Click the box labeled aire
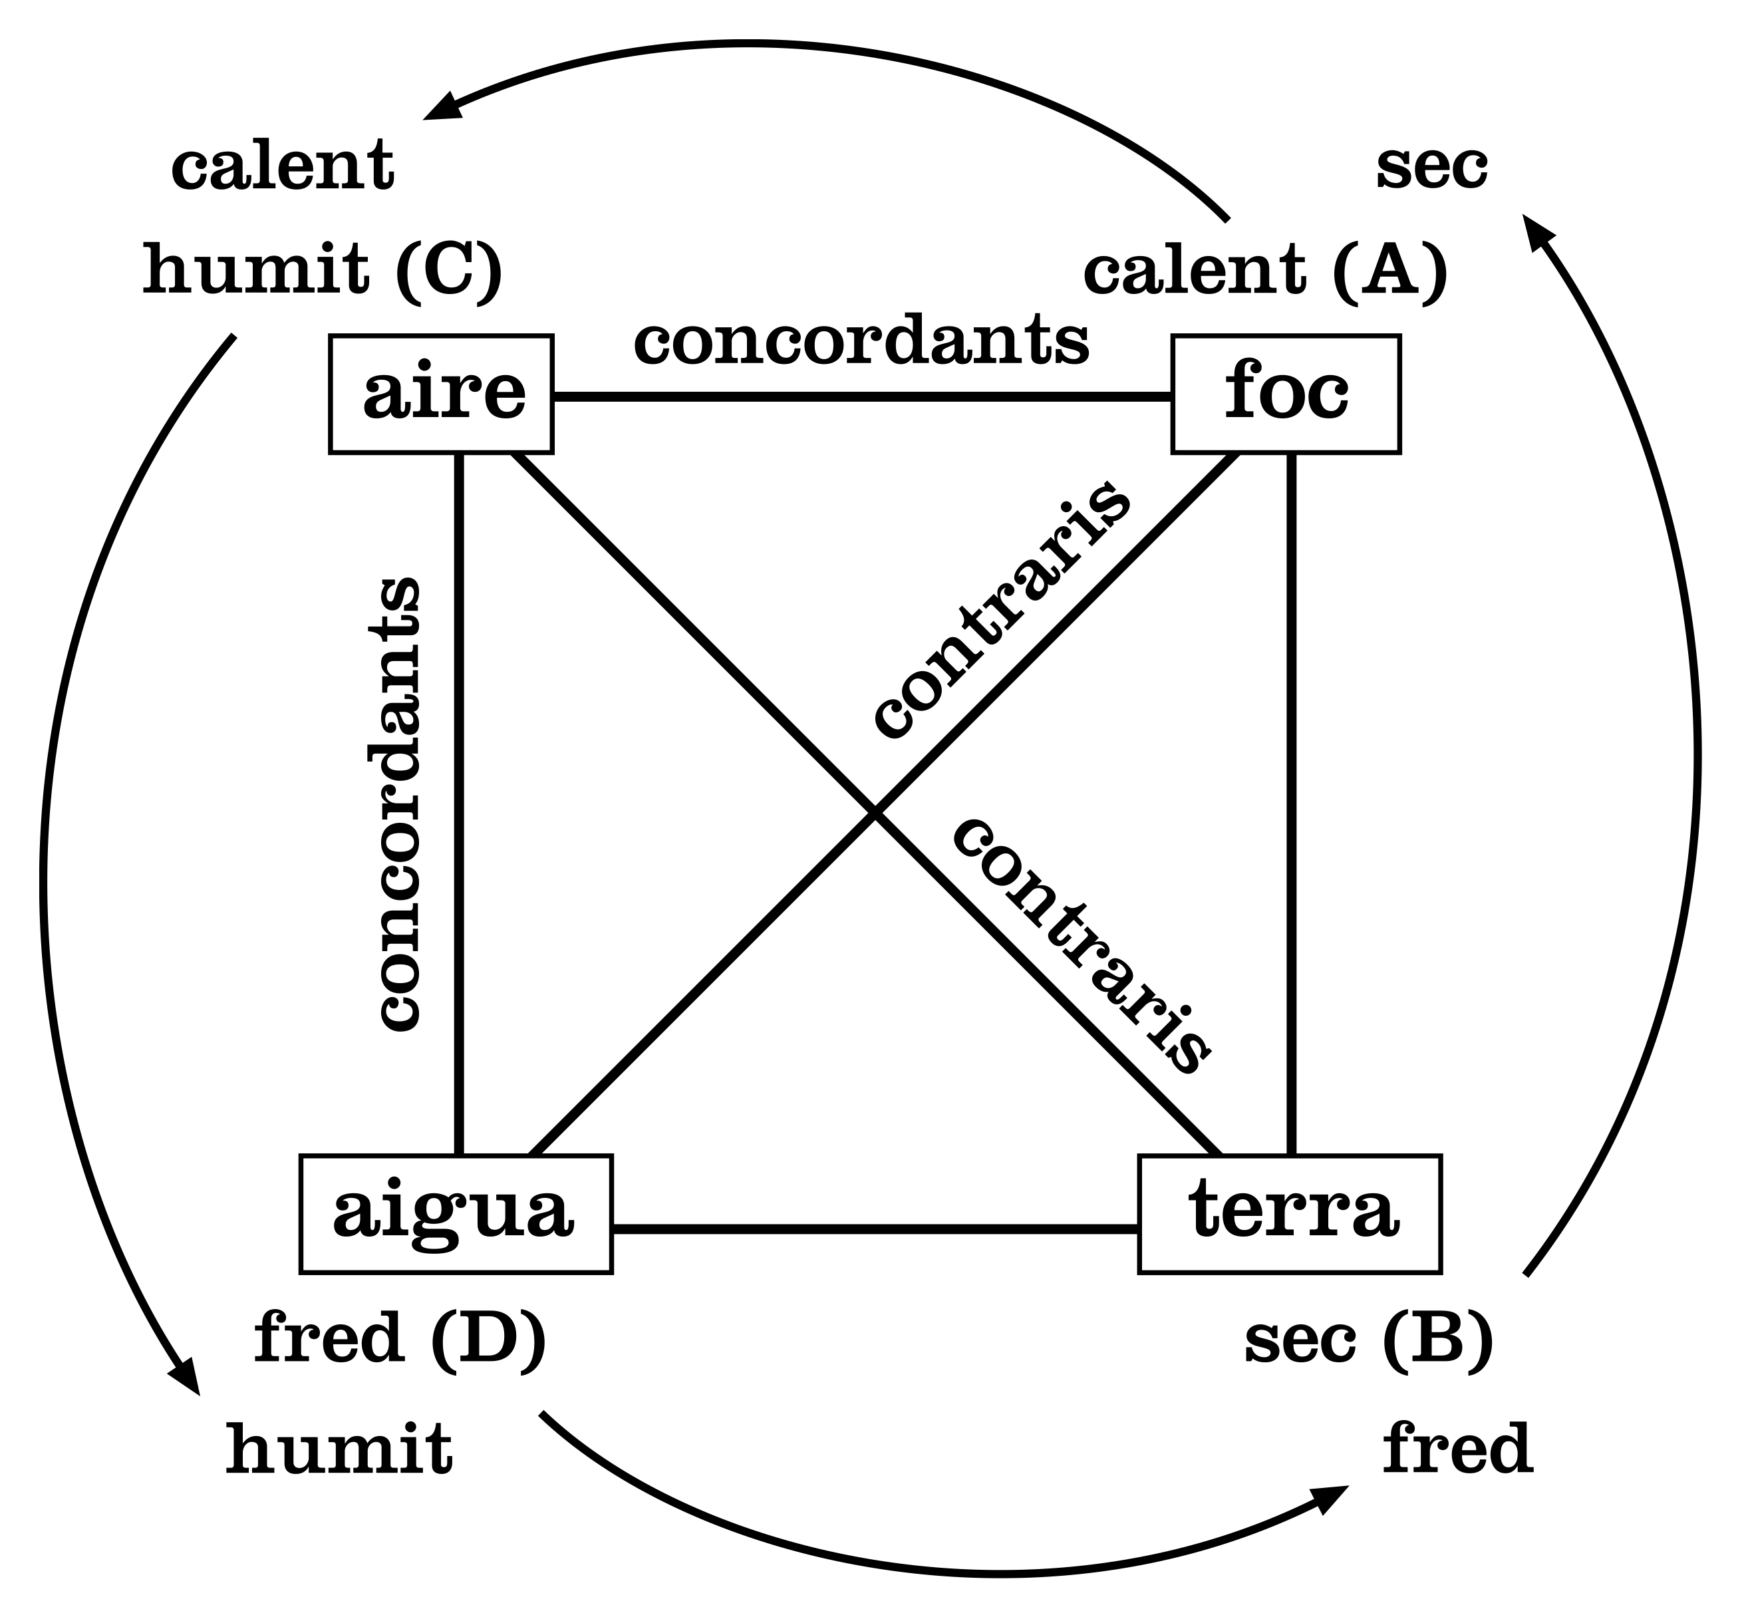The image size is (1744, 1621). pos(441,394)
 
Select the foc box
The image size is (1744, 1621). pos(1286,394)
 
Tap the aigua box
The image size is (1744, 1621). pos(456,1214)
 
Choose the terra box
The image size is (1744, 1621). pos(1290,1214)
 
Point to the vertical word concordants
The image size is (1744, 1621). pos(399,803)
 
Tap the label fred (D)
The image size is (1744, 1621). pos(400,1338)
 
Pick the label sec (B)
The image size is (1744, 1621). pos(1369,1338)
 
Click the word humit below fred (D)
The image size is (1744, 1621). pos(339,1450)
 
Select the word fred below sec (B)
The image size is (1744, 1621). pos(1457,1450)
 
